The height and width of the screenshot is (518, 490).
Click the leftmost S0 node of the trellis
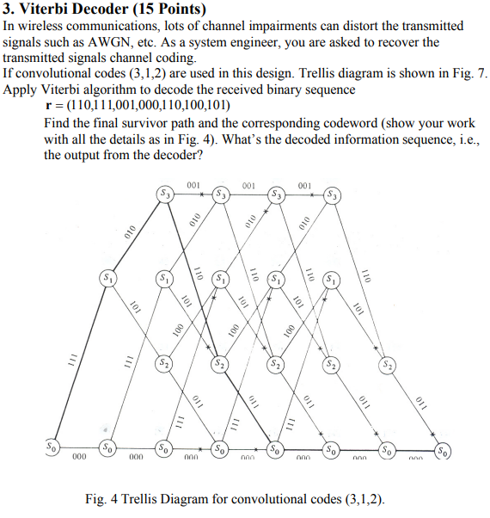tap(53, 448)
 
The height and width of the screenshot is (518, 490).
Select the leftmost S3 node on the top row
tap(163, 194)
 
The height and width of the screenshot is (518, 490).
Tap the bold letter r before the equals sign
tap(46, 107)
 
